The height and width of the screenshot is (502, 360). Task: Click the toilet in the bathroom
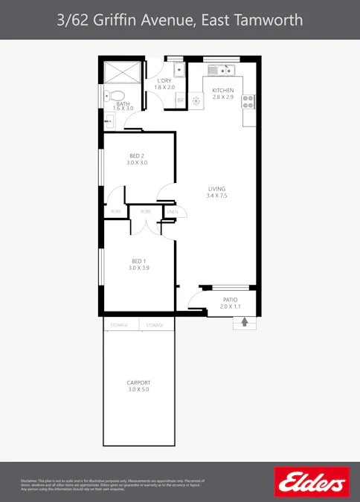(x=109, y=95)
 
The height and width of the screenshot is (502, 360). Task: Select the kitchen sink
(x=222, y=71)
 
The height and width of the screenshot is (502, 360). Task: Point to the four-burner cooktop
(x=248, y=101)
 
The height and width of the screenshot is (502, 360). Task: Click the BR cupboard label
(x=180, y=101)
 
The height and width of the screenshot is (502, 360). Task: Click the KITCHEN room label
(x=223, y=90)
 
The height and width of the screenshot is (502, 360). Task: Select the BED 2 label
(x=136, y=155)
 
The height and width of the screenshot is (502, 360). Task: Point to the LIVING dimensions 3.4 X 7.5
(x=216, y=196)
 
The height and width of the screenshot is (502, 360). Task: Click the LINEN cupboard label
(x=173, y=212)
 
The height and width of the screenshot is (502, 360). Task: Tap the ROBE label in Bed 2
(x=115, y=212)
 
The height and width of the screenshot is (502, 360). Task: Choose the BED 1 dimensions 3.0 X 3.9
(x=138, y=268)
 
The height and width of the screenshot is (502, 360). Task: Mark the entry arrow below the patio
(x=244, y=321)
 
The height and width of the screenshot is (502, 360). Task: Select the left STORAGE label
(x=120, y=325)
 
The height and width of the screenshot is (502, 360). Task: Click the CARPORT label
(x=138, y=382)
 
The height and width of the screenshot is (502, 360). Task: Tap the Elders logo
(x=312, y=483)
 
